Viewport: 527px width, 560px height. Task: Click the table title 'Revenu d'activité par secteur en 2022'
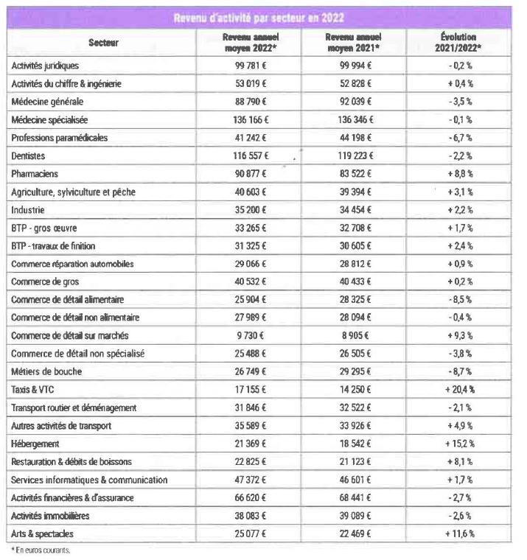(258, 18)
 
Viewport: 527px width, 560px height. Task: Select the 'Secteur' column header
(103, 43)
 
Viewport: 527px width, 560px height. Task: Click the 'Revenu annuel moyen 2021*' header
(353, 42)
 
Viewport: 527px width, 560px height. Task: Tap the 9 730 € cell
(251, 336)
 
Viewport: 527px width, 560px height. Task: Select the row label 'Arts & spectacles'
(43, 534)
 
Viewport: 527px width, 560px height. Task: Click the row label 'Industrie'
(29, 210)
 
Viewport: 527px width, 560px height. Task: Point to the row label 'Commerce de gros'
(46, 282)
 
